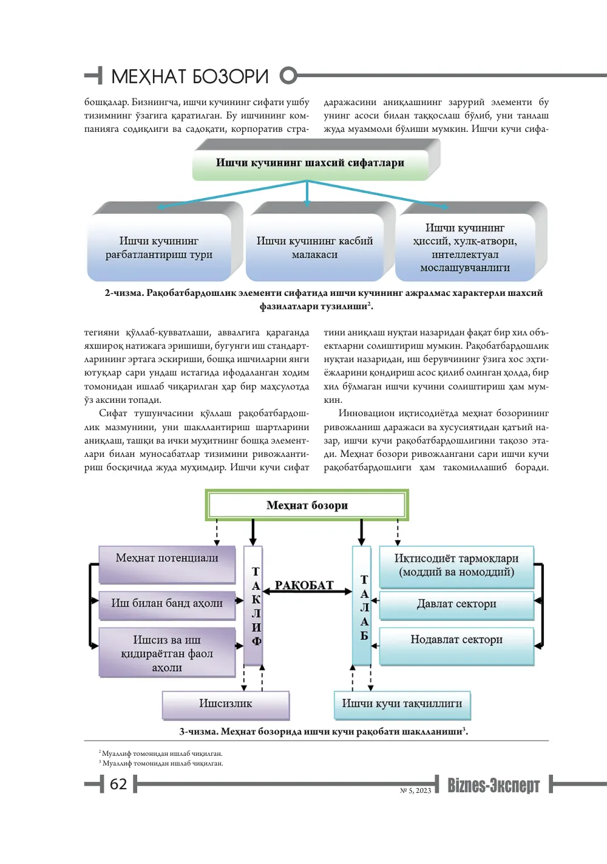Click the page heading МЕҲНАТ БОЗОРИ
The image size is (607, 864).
pos(189,77)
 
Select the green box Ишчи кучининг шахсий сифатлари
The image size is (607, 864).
pos(311,163)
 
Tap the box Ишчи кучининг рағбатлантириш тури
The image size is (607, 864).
pos(159,247)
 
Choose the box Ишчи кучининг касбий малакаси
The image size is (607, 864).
pos(314,247)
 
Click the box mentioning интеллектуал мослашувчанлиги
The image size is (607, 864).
pos(465,247)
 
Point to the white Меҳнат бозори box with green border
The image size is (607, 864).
pos(307,505)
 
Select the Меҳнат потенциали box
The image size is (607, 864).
pos(167,564)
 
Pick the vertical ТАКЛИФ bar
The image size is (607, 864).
pos(253,606)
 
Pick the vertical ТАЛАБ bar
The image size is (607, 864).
pos(362,606)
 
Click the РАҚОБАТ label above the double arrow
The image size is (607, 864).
pos(304,586)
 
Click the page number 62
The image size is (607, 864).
pos(118,784)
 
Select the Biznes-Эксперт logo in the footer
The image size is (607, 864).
pos(493,785)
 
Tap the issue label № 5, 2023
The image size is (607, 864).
pos(415,790)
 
